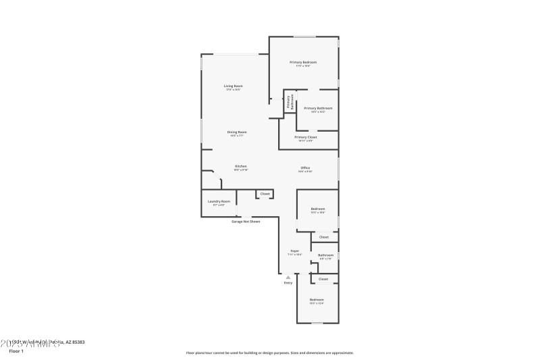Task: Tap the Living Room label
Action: click(x=234, y=86)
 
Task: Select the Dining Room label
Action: click(x=236, y=132)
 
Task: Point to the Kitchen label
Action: click(x=240, y=166)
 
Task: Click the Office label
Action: click(x=305, y=168)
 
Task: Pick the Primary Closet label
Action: click(x=305, y=137)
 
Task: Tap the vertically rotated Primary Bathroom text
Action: click(x=290, y=103)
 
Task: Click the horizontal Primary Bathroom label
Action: click(x=318, y=108)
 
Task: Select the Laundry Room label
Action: click(x=219, y=201)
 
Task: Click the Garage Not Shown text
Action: click(x=246, y=221)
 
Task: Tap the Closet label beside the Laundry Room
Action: click(x=265, y=194)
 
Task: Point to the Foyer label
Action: click(x=294, y=251)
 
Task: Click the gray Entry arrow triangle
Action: click(x=288, y=277)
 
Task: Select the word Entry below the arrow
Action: click(x=288, y=283)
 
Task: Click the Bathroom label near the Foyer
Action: click(x=325, y=255)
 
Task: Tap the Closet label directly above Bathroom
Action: click(x=324, y=237)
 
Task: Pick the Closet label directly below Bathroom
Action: click(x=323, y=278)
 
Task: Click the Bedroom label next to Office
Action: click(x=318, y=209)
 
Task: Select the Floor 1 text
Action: click(x=16, y=351)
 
